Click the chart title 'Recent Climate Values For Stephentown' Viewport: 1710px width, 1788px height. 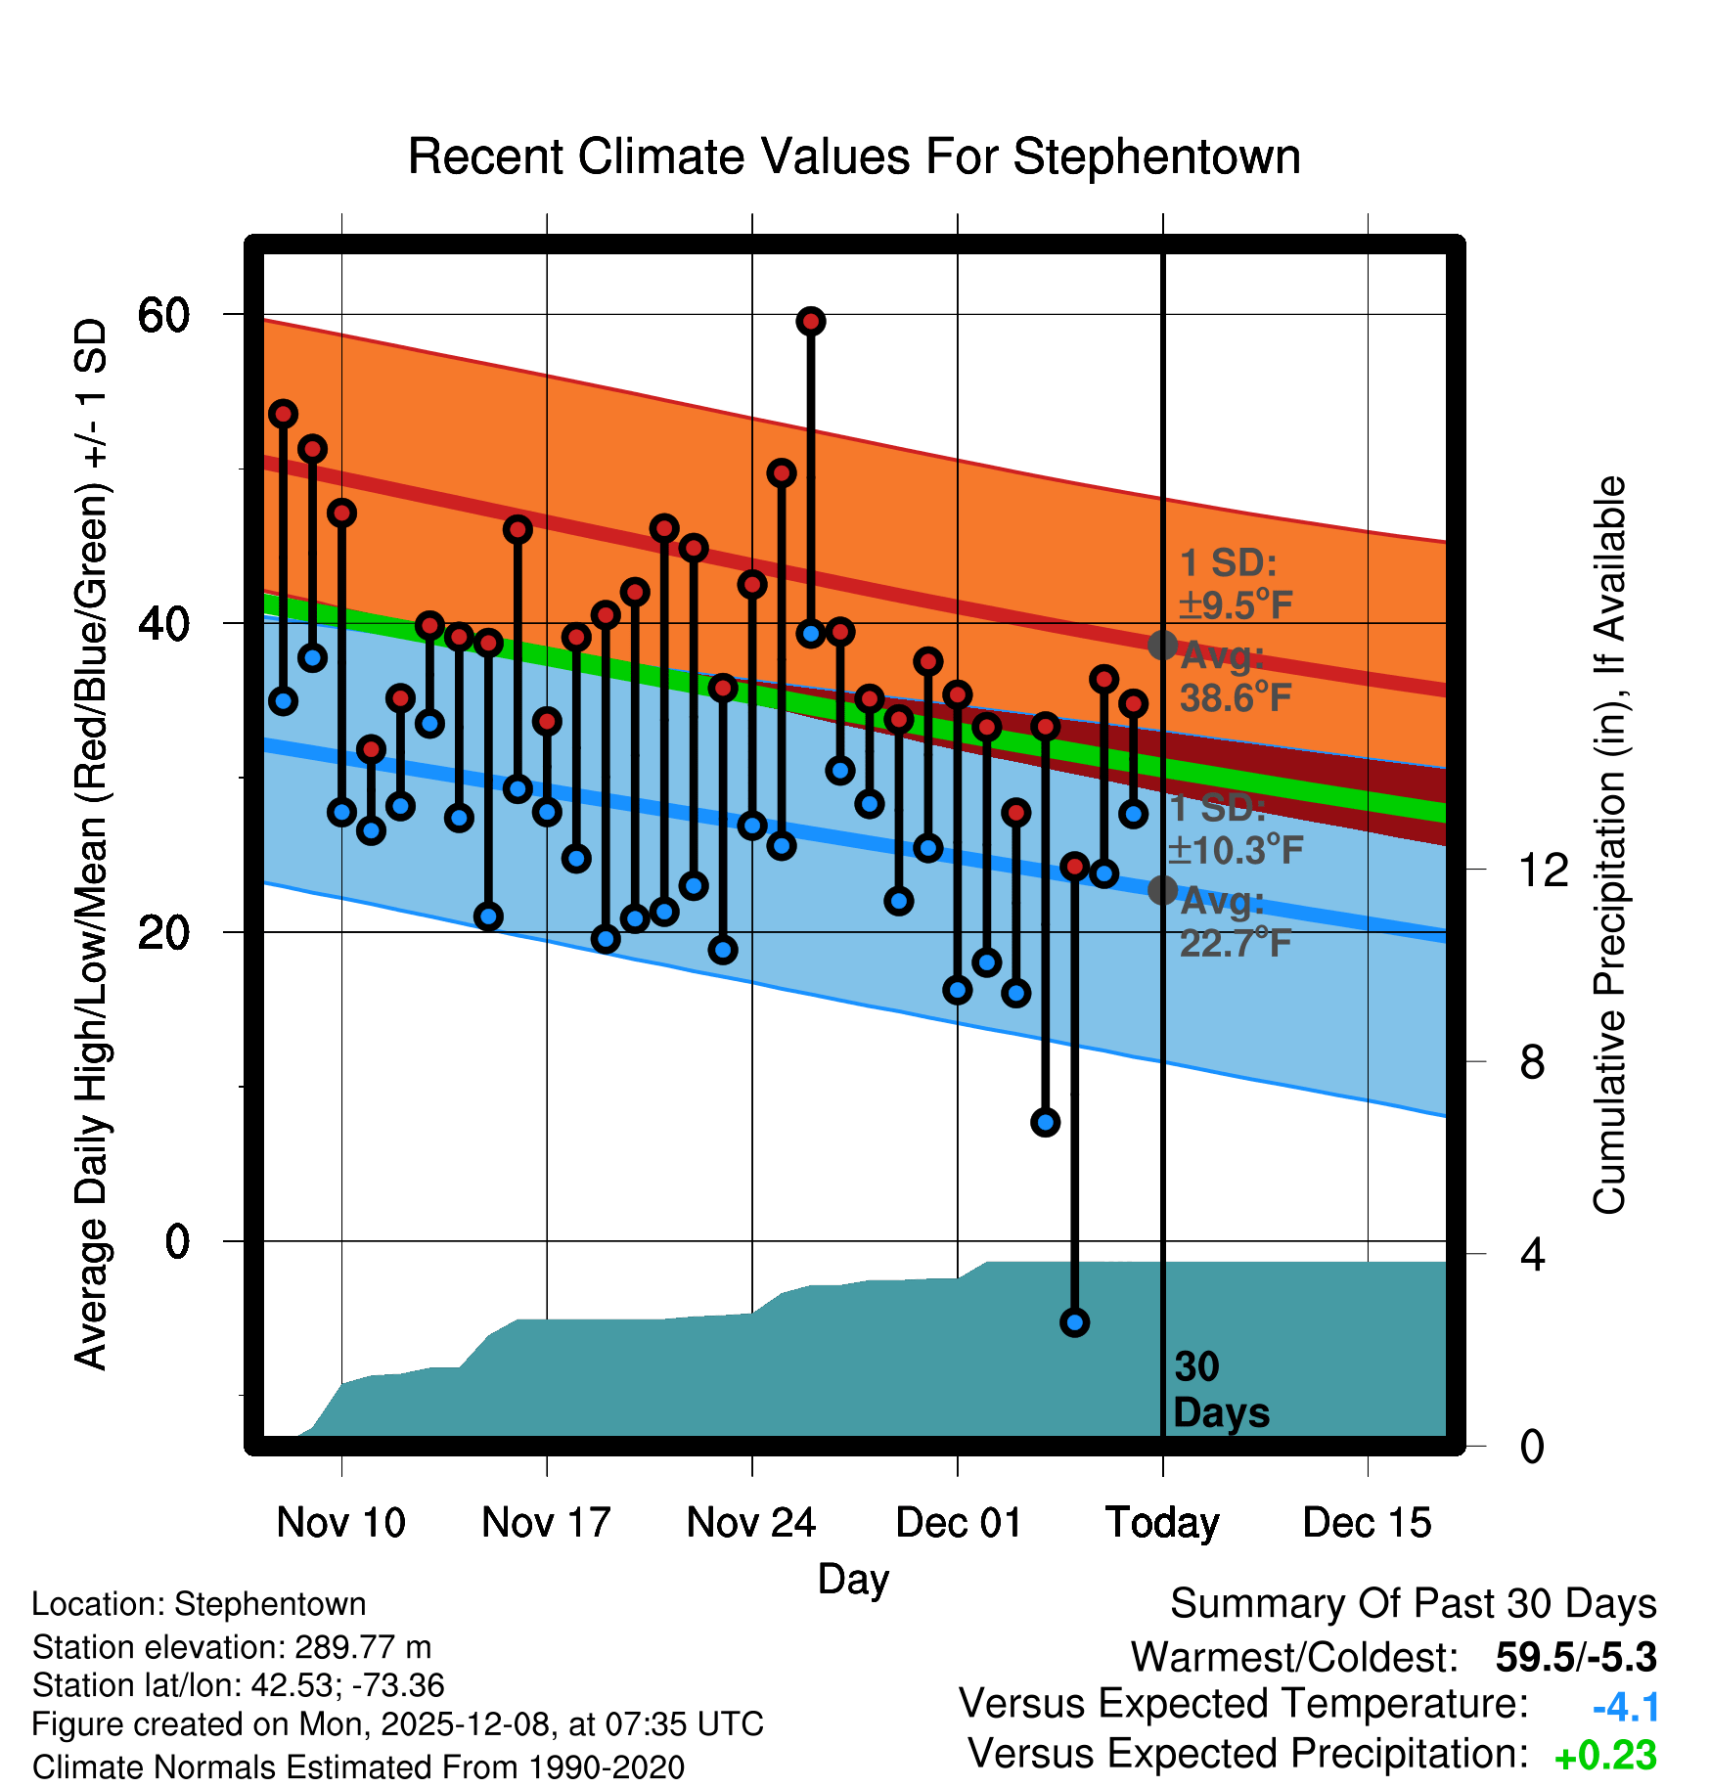[x=854, y=156]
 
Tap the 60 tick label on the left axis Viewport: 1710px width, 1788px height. [x=163, y=315]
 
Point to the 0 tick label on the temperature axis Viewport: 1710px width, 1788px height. [x=177, y=1241]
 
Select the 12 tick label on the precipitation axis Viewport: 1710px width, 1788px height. [x=1544, y=870]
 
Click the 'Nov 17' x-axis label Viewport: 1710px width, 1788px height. [x=546, y=1522]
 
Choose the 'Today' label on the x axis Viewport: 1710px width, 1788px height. [x=1162, y=1522]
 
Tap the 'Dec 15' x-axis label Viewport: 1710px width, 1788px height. [x=1367, y=1522]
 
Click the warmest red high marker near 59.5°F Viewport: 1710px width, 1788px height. [x=810, y=321]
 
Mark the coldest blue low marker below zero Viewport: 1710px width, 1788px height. [x=1074, y=1322]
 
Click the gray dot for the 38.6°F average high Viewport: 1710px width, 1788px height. [x=1162, y=645]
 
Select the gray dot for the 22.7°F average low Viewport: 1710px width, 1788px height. [x=1162, y=890]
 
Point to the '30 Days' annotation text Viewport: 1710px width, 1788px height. [x=1221, y=1390]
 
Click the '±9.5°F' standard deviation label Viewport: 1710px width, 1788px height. [x=1236, y=605]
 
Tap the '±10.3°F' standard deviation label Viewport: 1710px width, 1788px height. [x=1236, y=850]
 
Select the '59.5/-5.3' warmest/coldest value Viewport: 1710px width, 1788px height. [x=1575, y=1657]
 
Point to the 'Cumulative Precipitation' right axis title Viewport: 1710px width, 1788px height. [x=1609, y=845]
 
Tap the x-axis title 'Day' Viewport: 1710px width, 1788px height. [x=853, y=1579]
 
